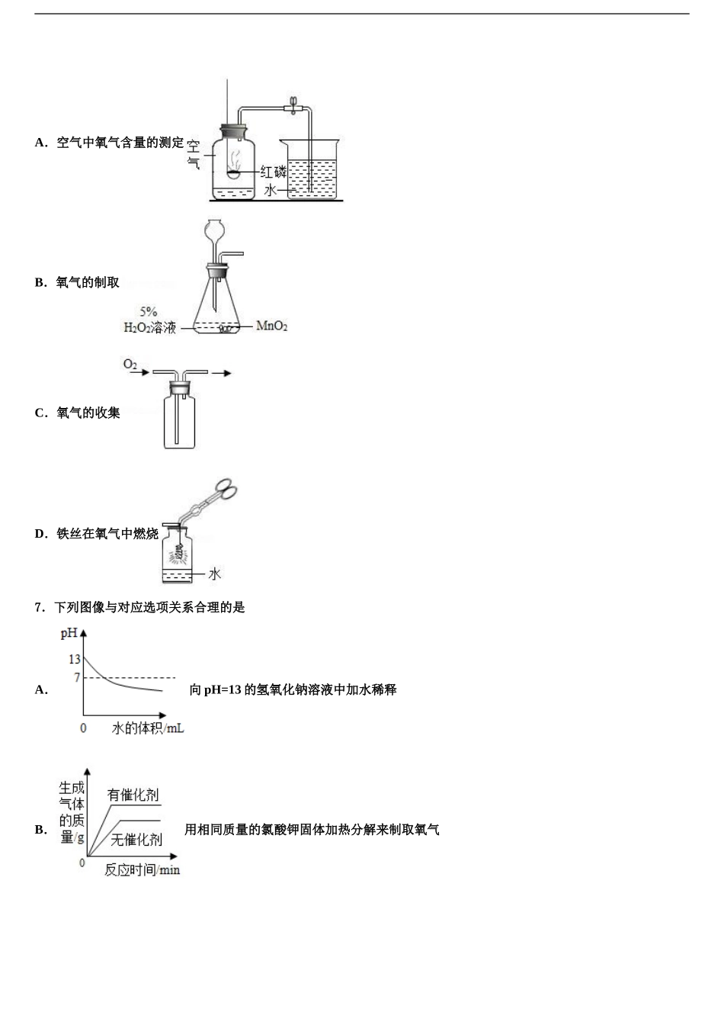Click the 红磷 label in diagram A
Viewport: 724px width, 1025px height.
(x=273, y=172)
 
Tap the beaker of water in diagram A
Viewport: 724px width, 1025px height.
(x=312, y=172)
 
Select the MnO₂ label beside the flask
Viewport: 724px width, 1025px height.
(x=271, y=326)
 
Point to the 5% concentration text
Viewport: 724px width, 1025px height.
(x=149, y=311)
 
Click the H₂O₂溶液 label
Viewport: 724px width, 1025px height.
(x=150, y=328)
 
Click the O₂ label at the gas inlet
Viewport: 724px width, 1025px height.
(x=130, y=365)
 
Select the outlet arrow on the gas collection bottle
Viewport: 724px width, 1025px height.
(x=221, y=373)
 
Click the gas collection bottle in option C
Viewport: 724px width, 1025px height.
(x=179, y=419)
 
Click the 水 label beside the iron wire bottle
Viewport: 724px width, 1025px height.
(x=214, y=574)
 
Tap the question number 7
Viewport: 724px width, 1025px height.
(x=39, y=608)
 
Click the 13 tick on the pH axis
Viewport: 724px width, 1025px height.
(x=74, y=659)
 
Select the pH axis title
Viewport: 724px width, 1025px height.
(x=69, y=633)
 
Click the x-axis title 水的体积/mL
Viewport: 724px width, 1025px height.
(x=148, y=728)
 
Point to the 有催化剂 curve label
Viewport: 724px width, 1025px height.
(x=133, y=795)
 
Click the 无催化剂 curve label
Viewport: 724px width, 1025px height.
(x=136, y=840)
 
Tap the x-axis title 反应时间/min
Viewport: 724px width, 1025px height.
(x=142, y=870)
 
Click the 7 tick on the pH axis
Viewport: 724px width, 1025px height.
(x=76, y=677)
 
